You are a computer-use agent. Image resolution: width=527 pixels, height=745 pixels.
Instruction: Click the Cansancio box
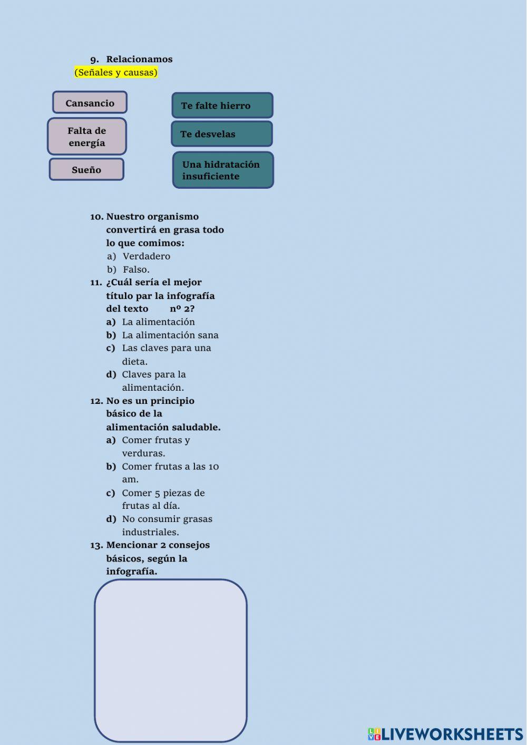(90, 102)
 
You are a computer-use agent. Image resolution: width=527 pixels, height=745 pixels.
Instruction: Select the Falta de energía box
(87, 137)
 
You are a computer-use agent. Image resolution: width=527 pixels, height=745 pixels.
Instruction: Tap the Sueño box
(86, 169)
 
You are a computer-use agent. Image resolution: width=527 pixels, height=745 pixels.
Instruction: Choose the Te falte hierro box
(222, 105)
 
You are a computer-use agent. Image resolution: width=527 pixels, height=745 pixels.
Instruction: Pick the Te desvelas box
(222, 134)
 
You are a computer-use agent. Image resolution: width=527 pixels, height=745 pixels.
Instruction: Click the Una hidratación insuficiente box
(223, 170)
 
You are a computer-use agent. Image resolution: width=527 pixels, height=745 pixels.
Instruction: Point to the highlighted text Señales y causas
(116, 72)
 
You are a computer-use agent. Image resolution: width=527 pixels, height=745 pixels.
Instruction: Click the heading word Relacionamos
(139, 59)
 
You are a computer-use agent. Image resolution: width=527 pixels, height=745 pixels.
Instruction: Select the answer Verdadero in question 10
(147, 256)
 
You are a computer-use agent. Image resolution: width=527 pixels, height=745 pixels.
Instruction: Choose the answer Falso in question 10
(136, 269)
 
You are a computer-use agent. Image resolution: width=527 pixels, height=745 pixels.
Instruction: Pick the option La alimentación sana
(170, 335)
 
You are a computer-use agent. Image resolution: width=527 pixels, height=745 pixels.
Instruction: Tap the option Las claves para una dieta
(166, 354)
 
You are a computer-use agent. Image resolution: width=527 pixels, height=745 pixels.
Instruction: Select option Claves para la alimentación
(154, 381)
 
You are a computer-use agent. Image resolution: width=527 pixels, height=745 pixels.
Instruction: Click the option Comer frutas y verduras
(156, 447)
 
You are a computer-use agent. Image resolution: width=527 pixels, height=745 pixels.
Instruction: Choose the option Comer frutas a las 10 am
(170, 472)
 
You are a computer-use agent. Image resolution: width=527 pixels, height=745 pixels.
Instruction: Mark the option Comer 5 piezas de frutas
(163, 499)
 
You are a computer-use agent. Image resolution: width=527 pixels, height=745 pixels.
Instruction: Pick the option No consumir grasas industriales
(167, 525)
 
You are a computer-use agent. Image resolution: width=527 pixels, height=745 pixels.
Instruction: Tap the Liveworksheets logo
(445, 734)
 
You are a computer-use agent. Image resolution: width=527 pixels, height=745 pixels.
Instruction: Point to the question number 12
(96, 401)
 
